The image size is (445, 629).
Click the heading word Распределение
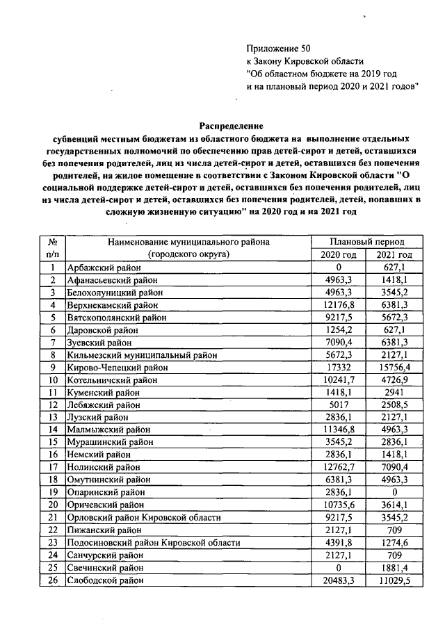[232, 126]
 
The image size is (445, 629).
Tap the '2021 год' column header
[394, 254]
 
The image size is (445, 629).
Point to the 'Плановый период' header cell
[367, 241]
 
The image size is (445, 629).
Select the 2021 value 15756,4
[394, 366]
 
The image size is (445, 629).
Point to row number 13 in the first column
[52, 416]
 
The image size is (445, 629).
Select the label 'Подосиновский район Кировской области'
[153, 542]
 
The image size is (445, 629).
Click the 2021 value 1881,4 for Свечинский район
[394, 567]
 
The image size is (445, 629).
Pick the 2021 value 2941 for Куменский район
[394, 391]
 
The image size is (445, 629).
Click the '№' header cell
[52, 241]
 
